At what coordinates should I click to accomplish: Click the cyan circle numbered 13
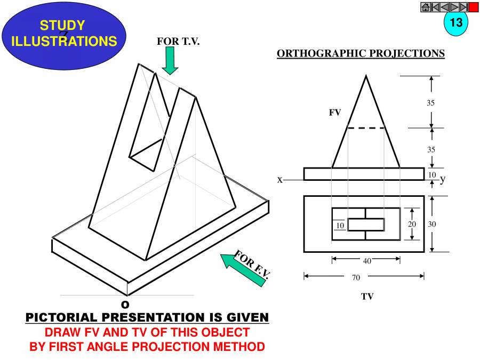455,23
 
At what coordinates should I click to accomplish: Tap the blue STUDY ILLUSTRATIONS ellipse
64,33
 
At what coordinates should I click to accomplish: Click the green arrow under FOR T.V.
170,60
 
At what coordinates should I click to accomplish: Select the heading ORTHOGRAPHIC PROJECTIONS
361,53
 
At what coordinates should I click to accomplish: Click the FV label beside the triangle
335,113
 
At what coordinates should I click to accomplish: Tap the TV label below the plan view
367,297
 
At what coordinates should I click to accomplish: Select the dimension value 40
367,260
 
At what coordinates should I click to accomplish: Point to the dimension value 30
432,224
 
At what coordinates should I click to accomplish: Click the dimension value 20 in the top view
412,224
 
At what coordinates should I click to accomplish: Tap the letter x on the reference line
279,180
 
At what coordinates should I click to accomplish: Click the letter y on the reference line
442,180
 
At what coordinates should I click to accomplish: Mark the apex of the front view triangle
366,76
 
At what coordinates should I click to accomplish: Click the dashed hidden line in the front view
366,127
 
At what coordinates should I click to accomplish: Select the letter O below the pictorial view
125,305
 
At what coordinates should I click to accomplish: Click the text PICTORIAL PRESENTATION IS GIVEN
147,318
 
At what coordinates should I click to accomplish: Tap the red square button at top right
474,7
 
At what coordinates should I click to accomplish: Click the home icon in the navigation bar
426,7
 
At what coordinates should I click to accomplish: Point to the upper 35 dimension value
430,103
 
